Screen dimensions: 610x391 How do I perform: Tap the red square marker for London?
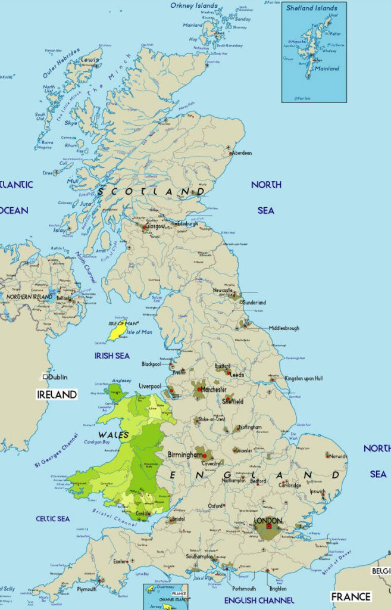(268, 526)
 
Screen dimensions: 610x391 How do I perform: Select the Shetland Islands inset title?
(311, 8)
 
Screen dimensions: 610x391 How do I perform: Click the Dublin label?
(58, 376)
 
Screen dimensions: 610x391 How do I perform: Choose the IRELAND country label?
(57, 394)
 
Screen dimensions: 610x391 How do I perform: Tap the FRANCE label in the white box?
(351, 596)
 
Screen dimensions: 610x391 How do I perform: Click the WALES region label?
(113, 435)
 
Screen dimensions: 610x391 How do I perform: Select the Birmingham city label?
(186, 455)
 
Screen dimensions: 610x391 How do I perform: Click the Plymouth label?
(86, 589)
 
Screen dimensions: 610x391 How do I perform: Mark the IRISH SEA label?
(112, 356)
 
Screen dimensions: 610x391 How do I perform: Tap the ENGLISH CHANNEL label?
(259, 600)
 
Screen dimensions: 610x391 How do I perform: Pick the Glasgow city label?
(156, 227)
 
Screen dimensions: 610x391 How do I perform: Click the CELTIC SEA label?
(52, 519)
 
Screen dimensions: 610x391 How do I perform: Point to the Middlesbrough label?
(284, 328)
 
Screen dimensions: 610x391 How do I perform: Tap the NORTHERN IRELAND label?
(30, 296)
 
